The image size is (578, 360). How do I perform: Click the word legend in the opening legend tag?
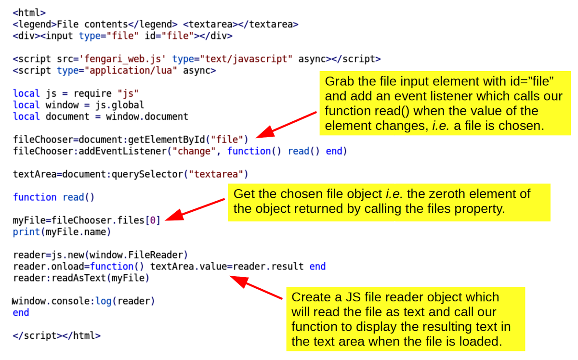tap(37, 25)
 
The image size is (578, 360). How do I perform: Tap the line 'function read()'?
tap(54, 197)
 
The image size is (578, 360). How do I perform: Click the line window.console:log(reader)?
tap(84, 302)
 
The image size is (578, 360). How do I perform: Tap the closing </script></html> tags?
tap(57, 336)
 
